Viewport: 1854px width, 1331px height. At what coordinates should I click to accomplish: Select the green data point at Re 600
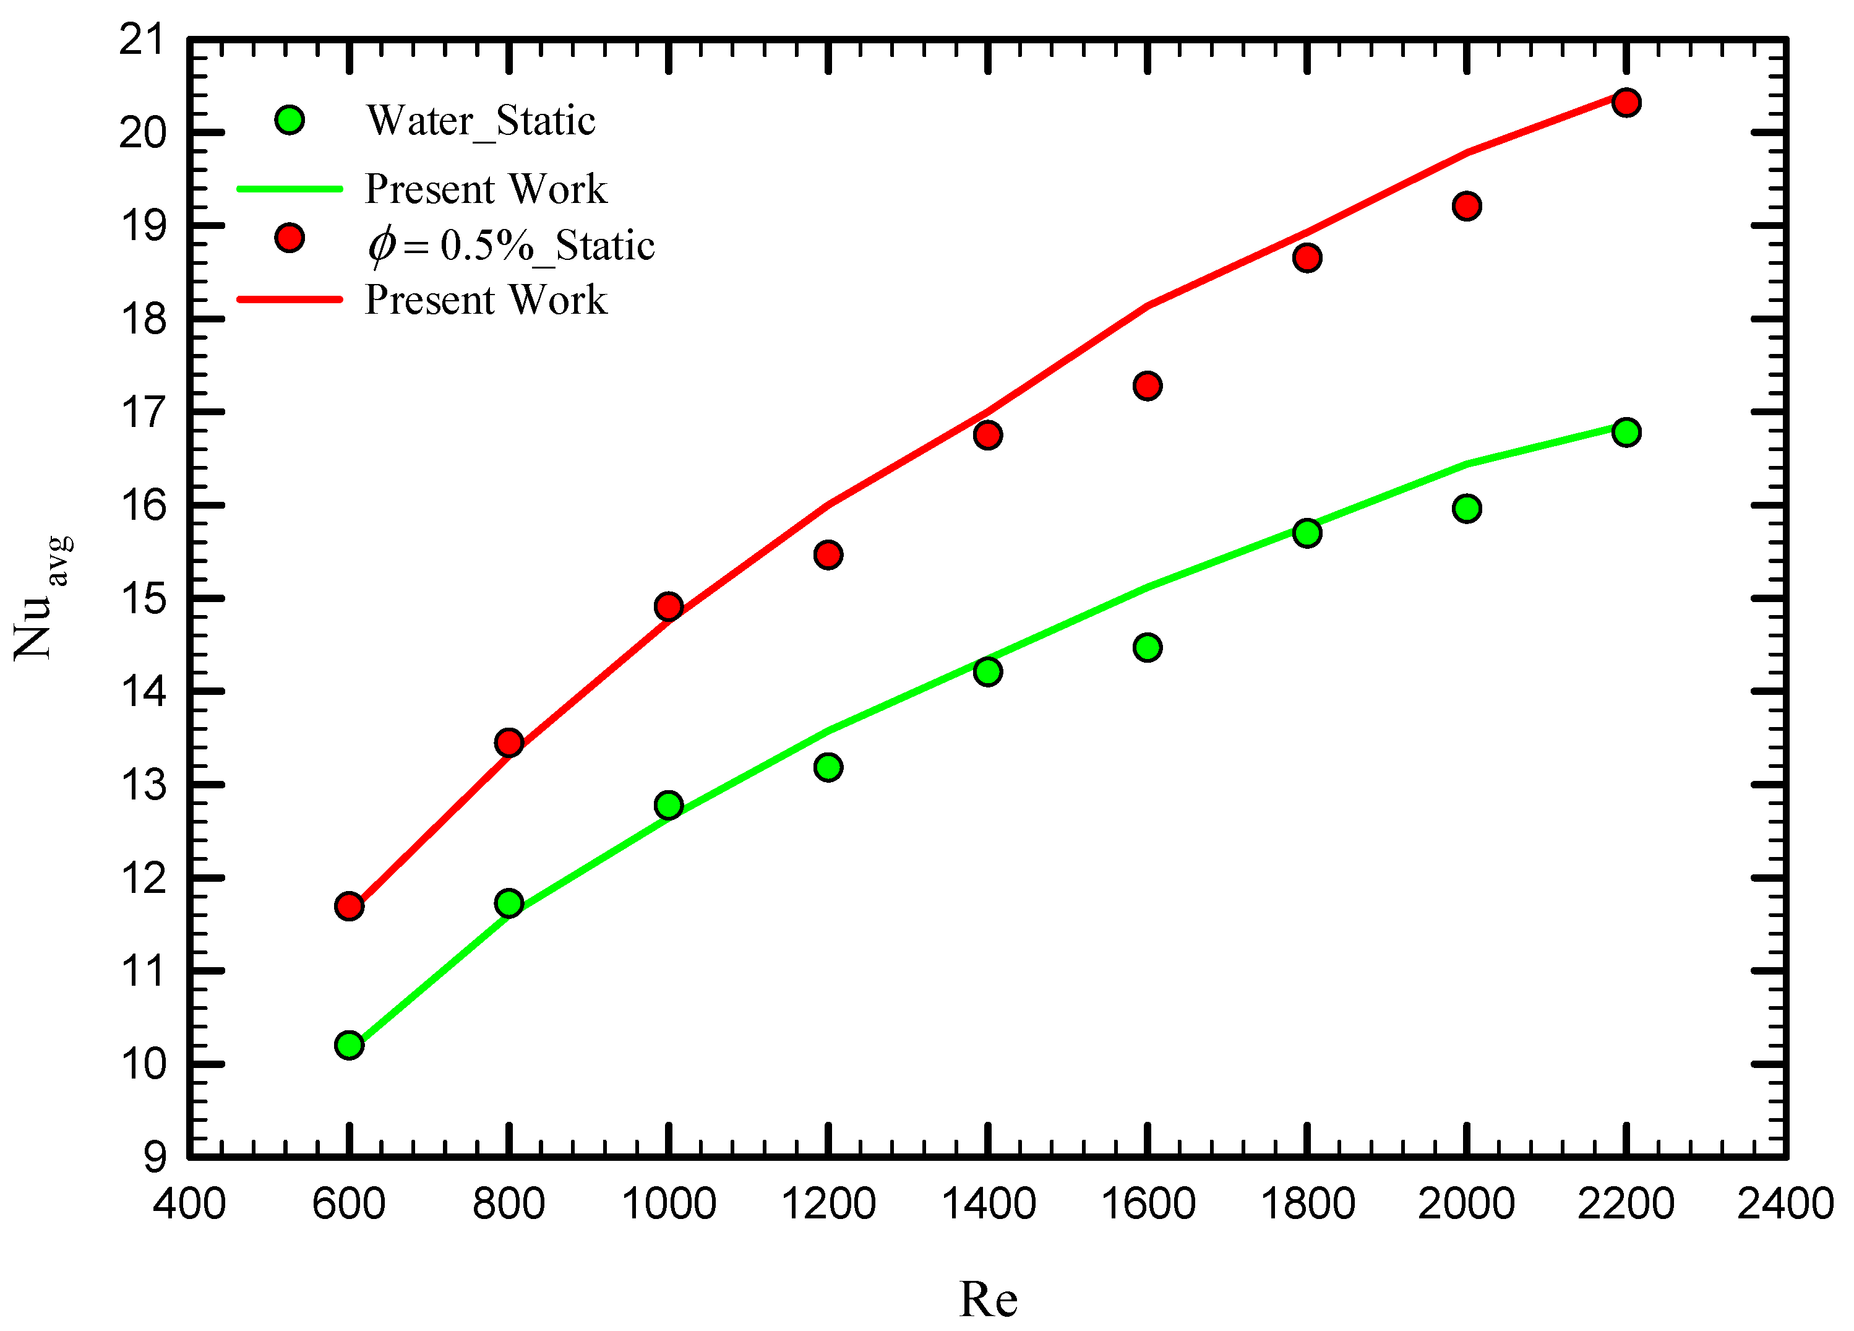point(349,1045)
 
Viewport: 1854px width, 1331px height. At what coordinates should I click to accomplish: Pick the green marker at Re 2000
point(1467,509)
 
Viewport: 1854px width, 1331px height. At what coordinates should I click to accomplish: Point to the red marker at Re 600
point(349,906)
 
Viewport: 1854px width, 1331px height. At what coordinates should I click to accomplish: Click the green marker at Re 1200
point(828,767)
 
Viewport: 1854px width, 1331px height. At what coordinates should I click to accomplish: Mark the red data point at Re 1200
point(828,554)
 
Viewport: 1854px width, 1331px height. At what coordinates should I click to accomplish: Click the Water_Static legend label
point(481,121)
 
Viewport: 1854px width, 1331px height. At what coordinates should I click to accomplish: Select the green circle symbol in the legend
point(290,120)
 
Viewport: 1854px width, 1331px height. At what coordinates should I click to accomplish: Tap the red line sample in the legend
point(290,299)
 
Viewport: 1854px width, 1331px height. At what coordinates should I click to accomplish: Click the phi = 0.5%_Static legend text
point(511,245)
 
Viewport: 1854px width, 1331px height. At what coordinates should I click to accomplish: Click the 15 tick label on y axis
point(142,598)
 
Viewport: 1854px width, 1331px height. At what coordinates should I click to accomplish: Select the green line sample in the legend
point(290,189)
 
